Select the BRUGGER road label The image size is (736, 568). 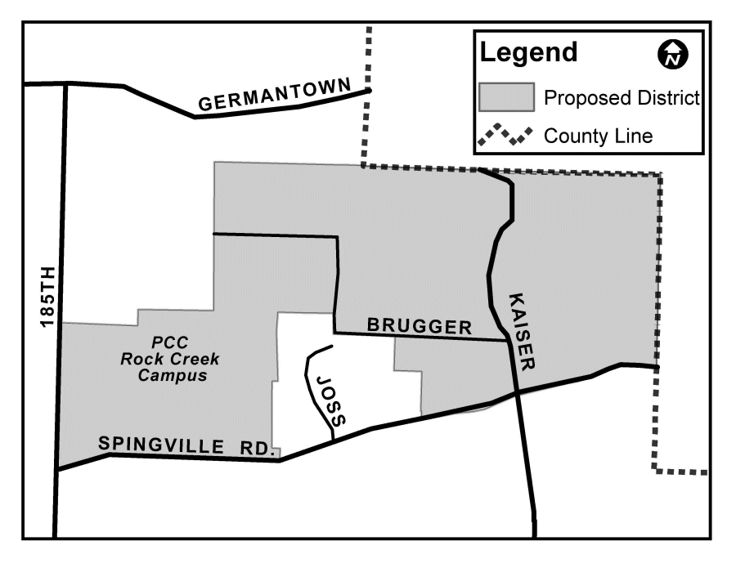pyautogui.click(x=420, y=326)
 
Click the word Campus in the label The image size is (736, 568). pyautogui.click(x=172, y=376)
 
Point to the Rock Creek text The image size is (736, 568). pyautogui.click(x=170, y=359)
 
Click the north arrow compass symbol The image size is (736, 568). pyautogui.click(x=672, y=55)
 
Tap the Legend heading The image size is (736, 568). pyautogui.click(x=528, y=53)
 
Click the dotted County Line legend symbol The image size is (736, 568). pyautogui.click(x=505, y=135)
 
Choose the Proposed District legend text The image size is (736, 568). pyautogui.click(x=622, y=99)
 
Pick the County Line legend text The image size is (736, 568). pyautogui.click(x=599, y=136)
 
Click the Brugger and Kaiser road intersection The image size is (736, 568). pyautogui.click(x=509, y=340)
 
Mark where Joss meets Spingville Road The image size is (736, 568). pyautogui.click(x=333, y=439)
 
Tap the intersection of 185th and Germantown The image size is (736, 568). pyautogui.click(x=65, y=84)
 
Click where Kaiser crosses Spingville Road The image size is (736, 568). pyautogui.click(x=517, y=394)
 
